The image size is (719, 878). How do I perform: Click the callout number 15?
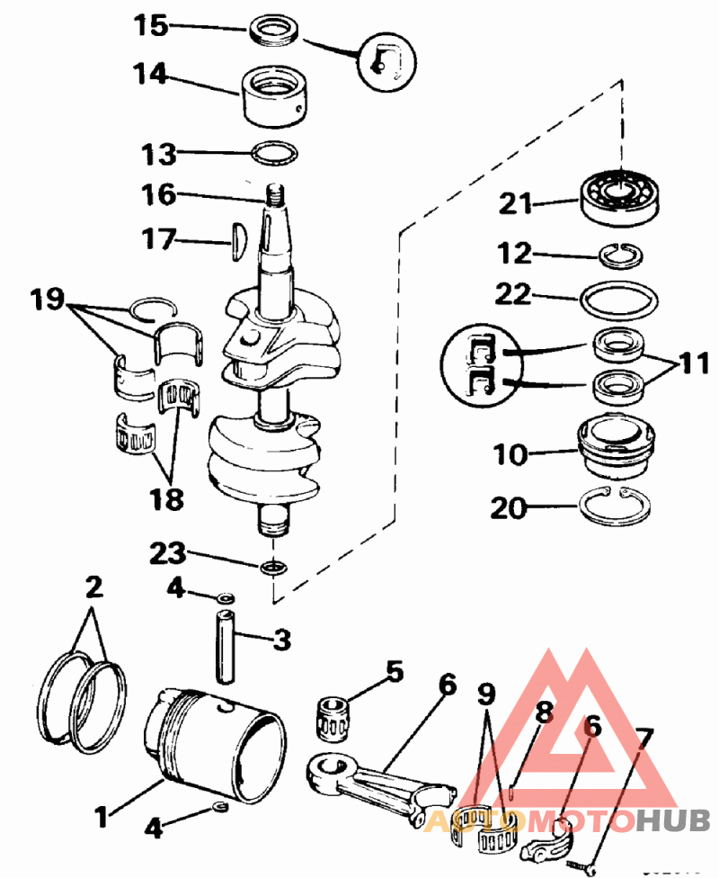[x=151, y=25]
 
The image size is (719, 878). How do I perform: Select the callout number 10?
[x=510, y=453]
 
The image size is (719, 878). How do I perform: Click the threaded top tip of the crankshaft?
[x=273, y=193]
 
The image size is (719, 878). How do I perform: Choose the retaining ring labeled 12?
[x=619, y=256]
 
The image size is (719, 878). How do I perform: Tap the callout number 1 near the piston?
[x=102, y=818]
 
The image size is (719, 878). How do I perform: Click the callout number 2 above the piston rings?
[x=93, y=588]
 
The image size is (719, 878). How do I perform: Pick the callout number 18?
[x=166, y=498]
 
